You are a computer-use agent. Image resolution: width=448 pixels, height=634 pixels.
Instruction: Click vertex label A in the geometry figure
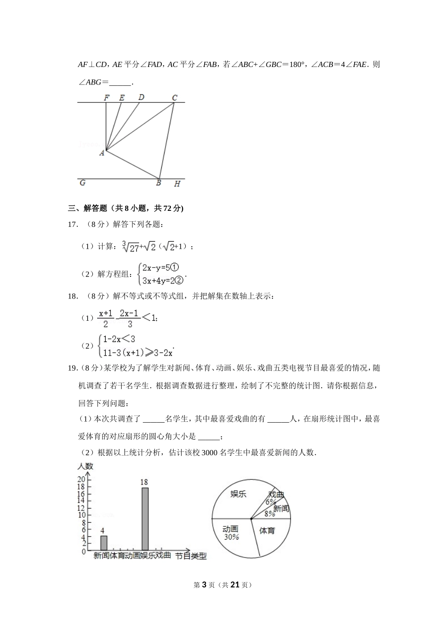click(x=102, y=153)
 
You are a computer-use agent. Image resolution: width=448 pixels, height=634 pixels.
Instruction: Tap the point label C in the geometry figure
click(x=174, y=98)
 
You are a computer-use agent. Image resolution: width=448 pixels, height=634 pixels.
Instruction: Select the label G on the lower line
click(x=83, y=183)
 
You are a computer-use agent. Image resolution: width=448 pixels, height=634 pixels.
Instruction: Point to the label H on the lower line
click(x=177, y=184)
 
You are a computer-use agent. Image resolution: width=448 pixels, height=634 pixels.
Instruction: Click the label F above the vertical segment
click(x=107, y=98)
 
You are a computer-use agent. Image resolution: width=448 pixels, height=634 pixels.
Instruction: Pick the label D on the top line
click(x=141, y=97)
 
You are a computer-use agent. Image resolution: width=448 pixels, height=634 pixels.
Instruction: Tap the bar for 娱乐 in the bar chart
click(x=145, y=518)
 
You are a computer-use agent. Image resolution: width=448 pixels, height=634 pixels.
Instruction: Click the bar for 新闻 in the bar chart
click(x=104, y=542)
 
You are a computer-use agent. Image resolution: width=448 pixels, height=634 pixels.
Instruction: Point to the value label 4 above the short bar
click(x=102, y=531)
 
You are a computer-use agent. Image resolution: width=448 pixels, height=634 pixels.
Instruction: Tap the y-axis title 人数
click(x=85, y=466)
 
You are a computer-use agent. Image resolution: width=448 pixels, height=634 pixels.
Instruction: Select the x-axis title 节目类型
click(x=191, y=556)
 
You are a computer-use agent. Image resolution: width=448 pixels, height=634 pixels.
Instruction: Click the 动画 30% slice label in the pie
click(x=231, y=533)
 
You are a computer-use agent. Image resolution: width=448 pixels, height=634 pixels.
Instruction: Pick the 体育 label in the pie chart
click(x=267, y=531)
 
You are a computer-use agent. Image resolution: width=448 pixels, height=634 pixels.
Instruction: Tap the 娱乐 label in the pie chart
click(x=238, y=494)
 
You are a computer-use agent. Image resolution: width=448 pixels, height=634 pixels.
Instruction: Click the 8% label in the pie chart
click(x=270, y=514)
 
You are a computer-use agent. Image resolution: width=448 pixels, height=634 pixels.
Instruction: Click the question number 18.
click(x=73, y=296)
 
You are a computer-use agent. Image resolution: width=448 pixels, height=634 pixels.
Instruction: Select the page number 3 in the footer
click(x=204, y=585)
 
